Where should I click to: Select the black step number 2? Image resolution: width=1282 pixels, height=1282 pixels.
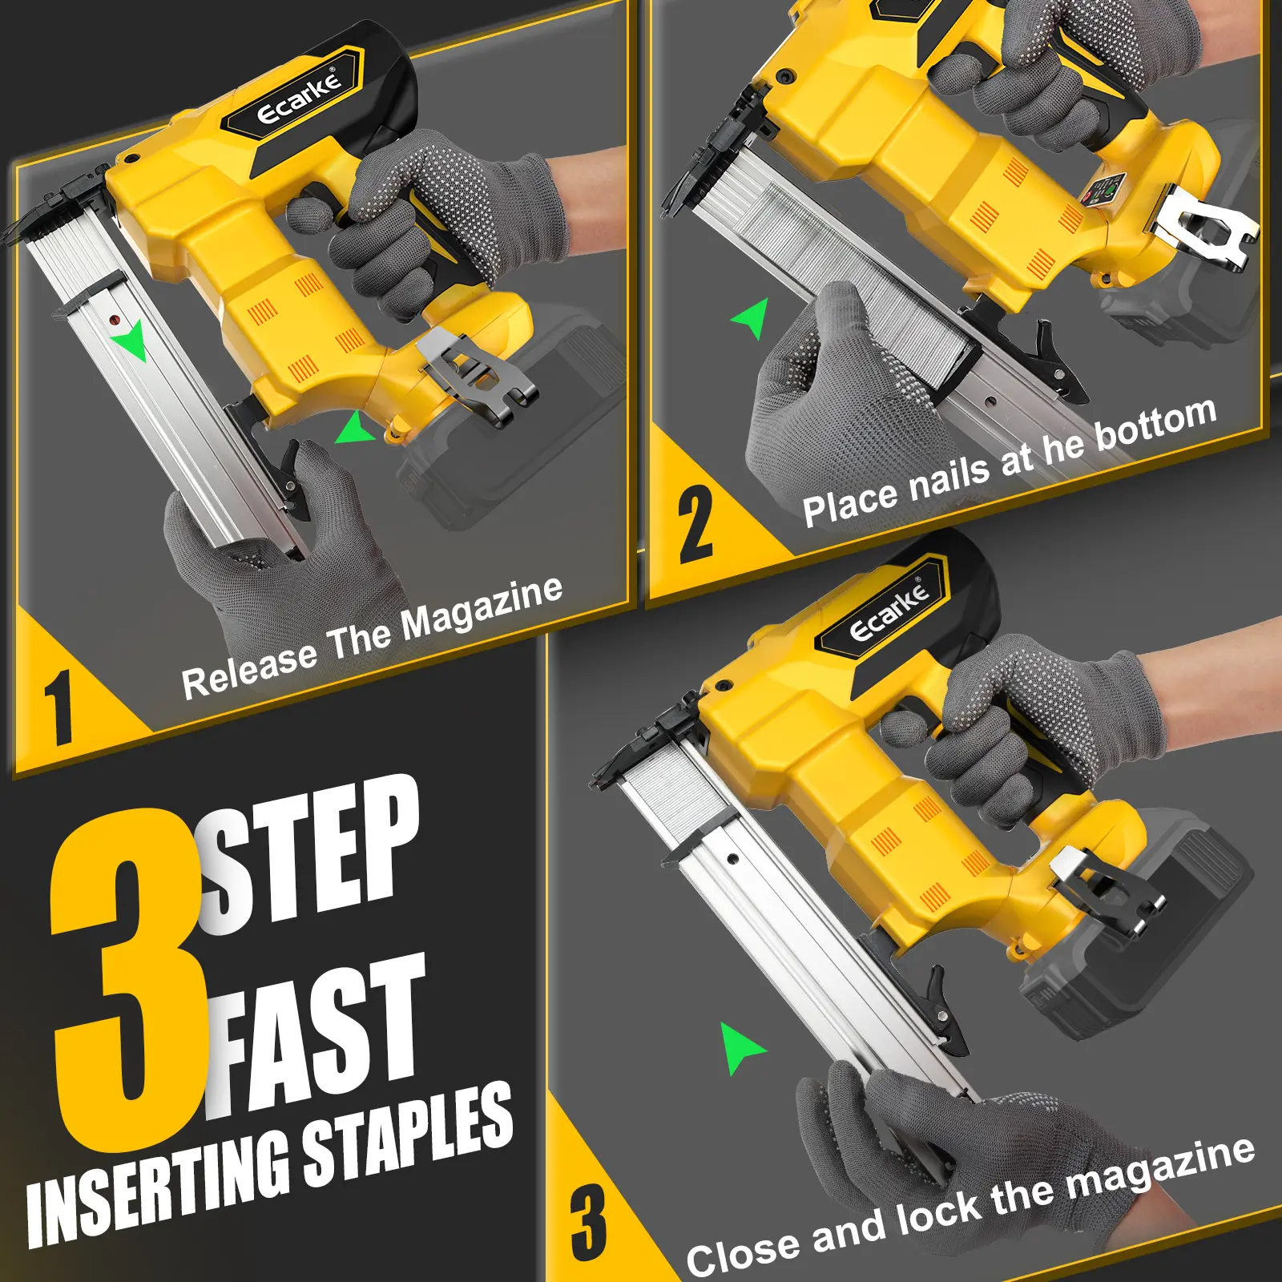coord(695,524)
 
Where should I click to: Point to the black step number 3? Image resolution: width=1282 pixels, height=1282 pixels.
coord(589,1223)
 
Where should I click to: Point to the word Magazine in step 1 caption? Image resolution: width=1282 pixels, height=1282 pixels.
coord(482,609)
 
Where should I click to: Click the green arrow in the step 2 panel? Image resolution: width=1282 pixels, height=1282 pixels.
coord(752,318)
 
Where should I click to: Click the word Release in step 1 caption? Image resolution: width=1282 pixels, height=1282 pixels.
coord(250,670)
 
